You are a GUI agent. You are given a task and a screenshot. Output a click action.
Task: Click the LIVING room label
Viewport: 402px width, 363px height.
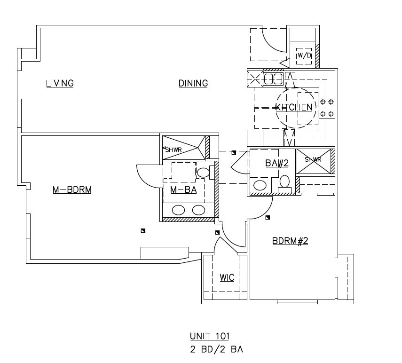(60, 84)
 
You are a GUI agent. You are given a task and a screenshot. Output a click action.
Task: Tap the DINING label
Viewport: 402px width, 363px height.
(193, 84)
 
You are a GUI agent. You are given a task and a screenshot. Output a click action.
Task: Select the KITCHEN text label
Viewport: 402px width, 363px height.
(294, 107)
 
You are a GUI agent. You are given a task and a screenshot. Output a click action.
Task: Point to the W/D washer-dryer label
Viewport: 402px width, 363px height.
(304, 55)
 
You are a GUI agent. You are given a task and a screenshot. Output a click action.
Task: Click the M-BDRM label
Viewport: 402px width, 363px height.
(71, 190)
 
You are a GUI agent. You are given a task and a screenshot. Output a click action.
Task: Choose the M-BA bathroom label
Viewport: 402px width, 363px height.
(183, 190)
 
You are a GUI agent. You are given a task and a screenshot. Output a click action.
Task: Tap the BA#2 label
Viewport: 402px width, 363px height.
(276, 163)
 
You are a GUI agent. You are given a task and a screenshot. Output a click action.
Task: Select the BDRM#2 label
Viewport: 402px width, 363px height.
(290, 241)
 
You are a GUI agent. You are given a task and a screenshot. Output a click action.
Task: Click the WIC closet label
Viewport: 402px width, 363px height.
(227, 277)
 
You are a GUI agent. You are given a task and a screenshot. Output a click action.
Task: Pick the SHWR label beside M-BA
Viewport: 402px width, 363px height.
(176, 150)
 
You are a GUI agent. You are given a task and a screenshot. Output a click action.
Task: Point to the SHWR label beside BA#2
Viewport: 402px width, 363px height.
(313, 159)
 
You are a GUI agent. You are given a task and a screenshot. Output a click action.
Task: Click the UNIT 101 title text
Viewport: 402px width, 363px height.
(209, 336)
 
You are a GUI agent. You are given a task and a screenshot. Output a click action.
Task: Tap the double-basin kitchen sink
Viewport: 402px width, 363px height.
(273, 79)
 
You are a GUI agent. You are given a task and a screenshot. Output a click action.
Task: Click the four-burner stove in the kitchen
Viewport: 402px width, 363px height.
(327, 108)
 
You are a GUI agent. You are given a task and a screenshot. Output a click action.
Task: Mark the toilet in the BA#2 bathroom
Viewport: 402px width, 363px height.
(285, 181)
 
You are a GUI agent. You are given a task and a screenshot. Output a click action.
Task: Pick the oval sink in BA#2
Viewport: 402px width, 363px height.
(260, 184)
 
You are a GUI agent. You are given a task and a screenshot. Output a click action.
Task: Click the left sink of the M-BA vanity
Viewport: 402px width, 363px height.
(179, 210)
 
